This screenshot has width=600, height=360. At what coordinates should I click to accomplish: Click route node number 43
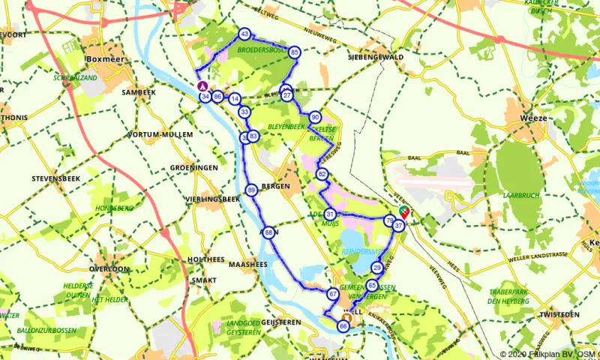244,34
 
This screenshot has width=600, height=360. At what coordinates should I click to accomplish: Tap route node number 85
295,52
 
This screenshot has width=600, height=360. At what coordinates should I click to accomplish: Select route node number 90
315,117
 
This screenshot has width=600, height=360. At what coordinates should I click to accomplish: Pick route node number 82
322,174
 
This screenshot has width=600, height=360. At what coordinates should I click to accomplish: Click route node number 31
329,214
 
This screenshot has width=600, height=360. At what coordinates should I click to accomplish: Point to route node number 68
268,232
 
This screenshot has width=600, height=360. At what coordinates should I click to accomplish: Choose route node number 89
251,190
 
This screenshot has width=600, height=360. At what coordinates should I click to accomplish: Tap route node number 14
235,99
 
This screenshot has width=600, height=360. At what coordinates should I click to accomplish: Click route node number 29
377,268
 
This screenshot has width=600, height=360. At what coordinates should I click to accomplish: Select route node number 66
343,326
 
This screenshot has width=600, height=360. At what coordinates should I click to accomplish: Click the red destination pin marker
405,214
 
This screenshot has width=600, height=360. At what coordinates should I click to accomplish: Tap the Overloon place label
109,268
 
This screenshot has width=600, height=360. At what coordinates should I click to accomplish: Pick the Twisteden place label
559,315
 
